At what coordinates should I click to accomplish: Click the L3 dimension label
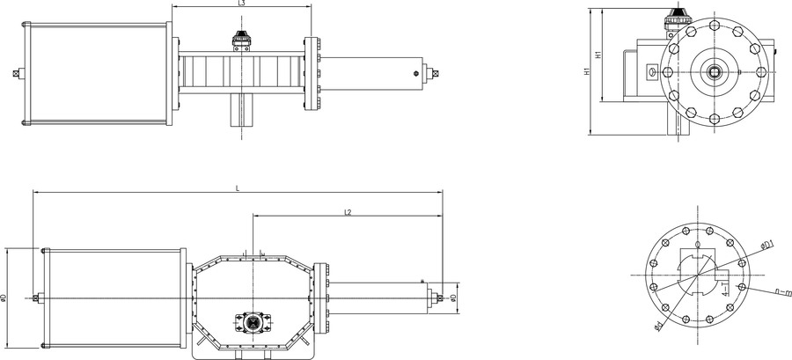coord(241,4)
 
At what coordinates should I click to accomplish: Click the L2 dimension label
coord(348,212)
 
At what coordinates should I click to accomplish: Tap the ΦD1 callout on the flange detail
coord(766,243)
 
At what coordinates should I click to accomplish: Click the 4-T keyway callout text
coord(723,290)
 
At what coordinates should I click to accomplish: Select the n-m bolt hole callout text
coord(782,290)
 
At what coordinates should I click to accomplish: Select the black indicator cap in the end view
coord(678,16)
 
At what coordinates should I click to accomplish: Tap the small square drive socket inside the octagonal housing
coord(253,323)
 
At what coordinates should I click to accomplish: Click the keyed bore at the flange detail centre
coord(697,275)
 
